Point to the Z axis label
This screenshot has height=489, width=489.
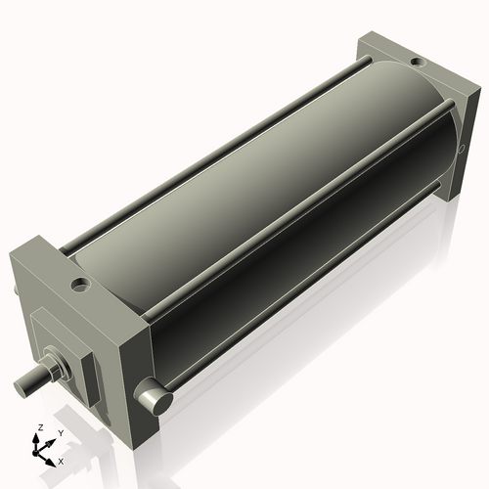[39, 428]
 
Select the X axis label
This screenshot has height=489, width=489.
[62, 460]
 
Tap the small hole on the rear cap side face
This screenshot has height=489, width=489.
[463, 150]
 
